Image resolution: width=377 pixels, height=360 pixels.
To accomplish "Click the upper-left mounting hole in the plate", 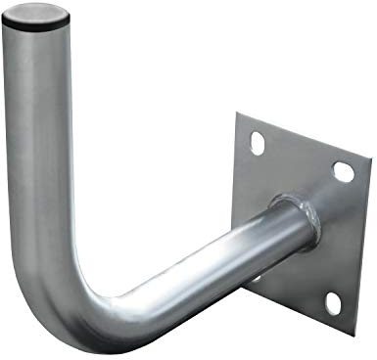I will click(x=257, y=142).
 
